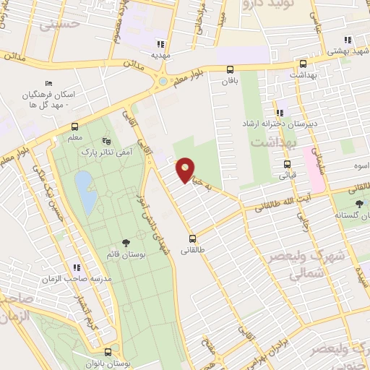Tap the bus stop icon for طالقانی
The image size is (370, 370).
click(x=192, y=238)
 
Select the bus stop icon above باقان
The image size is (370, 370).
click(x=230, y=69)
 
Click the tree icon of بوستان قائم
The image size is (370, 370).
click(x=126, y=244)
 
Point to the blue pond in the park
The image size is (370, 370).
click(x=85, y=192)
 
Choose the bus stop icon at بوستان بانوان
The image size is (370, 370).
click(x=108, y=352)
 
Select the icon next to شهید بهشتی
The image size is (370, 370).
click(x=348, y=40)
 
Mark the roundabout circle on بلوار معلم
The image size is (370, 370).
click(x=163, y=80)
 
